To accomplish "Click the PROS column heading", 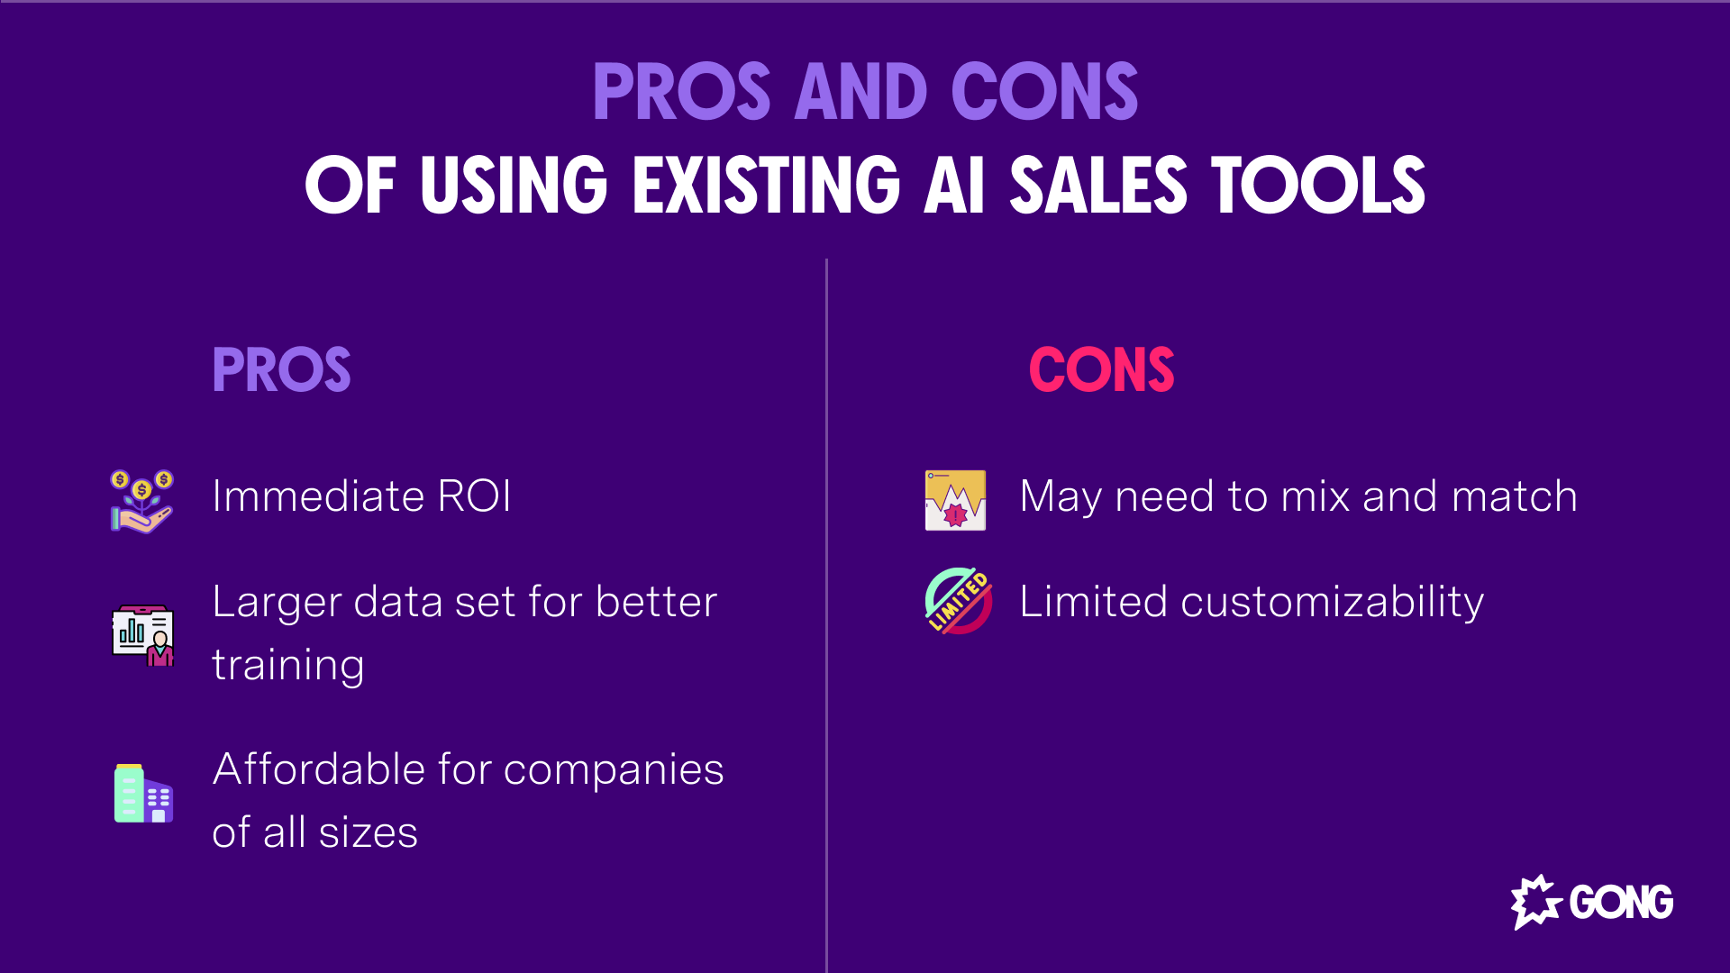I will (281, 369).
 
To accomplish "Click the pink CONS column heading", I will (1101, 369).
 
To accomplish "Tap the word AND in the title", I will (860, 92).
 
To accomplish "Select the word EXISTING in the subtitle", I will (766, 185).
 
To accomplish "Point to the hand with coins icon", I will (141, 501).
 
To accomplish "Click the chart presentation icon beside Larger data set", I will (143, 635).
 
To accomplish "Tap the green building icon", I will (143, 794).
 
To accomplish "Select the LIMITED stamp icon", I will (958, 601).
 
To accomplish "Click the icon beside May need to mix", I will (955, 500).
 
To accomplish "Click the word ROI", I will (474, 496).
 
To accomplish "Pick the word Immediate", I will (318, 496).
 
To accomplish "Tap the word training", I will (288, 666).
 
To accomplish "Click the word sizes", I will (368, 832).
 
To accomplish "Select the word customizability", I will (1332, 602).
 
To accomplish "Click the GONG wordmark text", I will (1621, 902).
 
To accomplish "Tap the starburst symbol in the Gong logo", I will (1535, 901).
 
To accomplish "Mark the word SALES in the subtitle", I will (1098, 185).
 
